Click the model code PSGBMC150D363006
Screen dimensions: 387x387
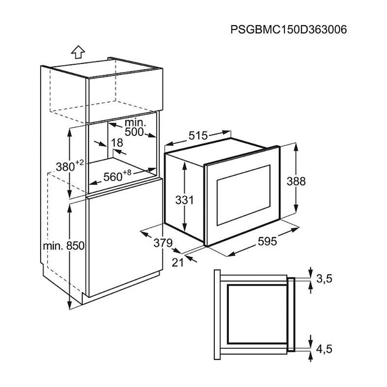[288, 30]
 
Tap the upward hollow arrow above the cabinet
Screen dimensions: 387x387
[78, 52]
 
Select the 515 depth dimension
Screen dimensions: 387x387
[198, 135]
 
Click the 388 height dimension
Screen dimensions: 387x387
[296, 181]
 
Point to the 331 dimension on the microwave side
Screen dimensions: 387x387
[185, 200]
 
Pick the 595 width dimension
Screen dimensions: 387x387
[268, 241]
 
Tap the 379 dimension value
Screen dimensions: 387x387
[163, 243]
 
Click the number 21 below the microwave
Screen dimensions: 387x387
[178, 263]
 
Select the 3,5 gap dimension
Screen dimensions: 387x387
[325, 279]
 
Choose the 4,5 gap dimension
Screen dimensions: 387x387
[324, 349]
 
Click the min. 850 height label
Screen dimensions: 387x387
[64, 246]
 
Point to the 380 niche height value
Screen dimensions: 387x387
[65, 167]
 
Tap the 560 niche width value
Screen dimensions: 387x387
[113, 177]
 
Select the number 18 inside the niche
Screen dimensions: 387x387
[117, 143]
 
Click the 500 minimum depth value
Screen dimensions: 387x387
[134, 132]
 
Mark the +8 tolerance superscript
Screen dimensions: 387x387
[127, 172]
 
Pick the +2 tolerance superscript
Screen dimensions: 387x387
[80, 163]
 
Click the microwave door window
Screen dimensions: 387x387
[243, 195]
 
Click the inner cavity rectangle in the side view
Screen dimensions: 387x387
[257, 314]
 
